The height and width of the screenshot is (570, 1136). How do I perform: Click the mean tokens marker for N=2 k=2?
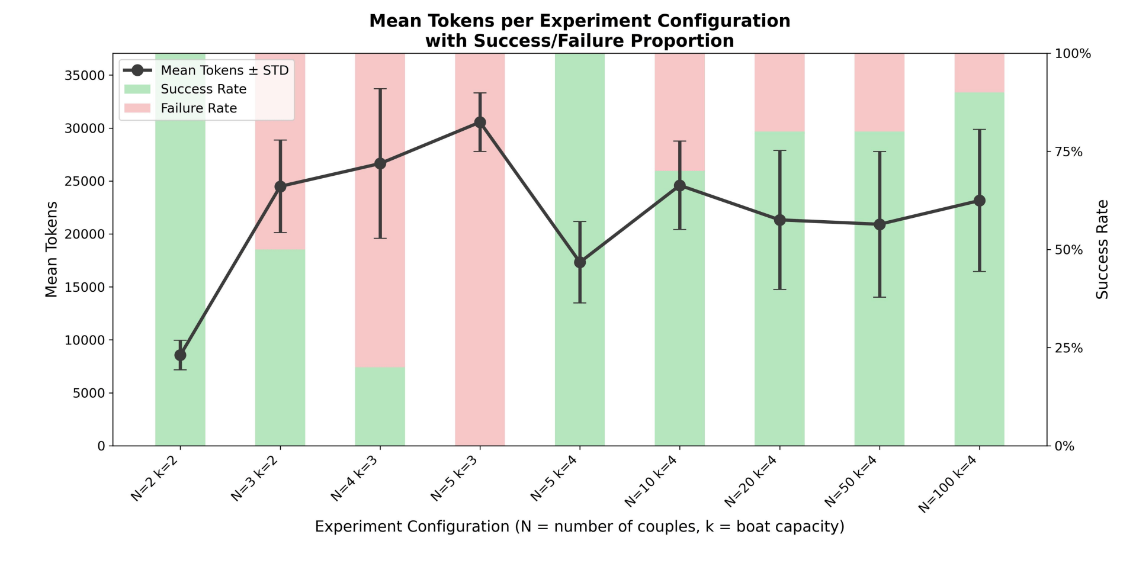click(180, 355)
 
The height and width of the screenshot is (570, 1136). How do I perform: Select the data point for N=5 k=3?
click(480, 123)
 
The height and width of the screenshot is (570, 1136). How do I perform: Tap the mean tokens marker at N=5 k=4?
click(580, 262)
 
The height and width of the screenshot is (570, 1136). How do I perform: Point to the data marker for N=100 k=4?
click(979, 201)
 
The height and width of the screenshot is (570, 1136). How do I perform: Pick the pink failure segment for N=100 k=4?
click(979, 73)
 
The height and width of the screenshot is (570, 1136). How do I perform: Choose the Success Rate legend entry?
click(203, 89)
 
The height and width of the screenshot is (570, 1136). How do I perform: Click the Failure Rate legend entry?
click(198, 108)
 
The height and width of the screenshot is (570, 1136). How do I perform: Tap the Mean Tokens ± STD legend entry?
click(224, 70)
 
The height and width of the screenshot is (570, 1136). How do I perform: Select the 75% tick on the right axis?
click(1069, 152)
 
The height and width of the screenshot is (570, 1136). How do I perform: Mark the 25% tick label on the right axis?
click(1069, 348)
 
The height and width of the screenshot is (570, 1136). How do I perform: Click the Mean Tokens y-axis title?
click(52, 249)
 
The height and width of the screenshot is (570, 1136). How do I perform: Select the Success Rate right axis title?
click(1102, 249)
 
